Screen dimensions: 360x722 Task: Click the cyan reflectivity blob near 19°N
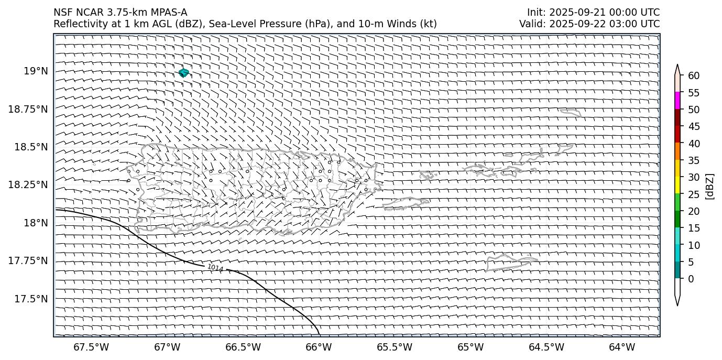(183, 73)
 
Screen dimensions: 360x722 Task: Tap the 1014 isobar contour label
(215, 268)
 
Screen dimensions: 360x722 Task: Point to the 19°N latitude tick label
(36, 71)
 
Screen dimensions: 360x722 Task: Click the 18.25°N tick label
(28, 185)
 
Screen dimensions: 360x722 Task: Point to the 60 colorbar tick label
(694, 76)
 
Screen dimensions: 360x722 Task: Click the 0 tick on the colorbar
(691, 279)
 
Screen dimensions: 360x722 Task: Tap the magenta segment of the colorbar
(677, 101)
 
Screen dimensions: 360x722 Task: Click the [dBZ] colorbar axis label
(710, 186)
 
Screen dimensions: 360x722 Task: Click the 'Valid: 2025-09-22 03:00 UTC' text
(589, 24)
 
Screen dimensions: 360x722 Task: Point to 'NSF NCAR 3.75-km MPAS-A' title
(120, 13)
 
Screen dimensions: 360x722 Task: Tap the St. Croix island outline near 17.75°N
(511, 262)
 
